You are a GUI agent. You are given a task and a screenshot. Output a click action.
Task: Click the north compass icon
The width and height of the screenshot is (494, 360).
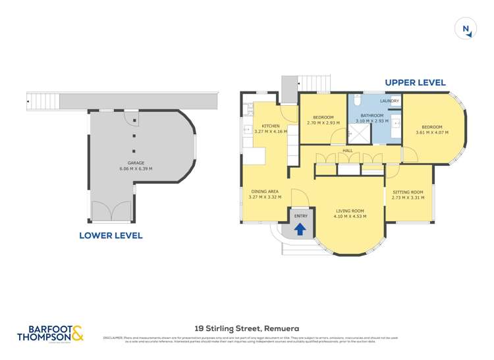(466, 28)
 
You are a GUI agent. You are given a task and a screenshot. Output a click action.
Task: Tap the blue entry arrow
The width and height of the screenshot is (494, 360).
(300, 229)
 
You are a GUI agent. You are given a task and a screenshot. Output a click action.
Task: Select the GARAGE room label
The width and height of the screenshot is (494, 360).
(136, 163)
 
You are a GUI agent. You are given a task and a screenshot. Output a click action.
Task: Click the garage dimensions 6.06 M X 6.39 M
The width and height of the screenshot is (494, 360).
(136, 168)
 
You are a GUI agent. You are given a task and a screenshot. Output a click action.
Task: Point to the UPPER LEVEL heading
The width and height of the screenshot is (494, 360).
(415, 83)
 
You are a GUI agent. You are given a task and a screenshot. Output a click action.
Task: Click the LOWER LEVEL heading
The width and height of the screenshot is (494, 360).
(111, 235)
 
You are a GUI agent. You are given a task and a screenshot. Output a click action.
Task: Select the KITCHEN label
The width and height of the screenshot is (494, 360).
(271, 126)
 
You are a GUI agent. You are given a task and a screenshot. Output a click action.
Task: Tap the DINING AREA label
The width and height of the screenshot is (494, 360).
(265, 192)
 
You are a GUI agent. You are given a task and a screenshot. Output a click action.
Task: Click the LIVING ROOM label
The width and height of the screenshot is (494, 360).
(348, 211)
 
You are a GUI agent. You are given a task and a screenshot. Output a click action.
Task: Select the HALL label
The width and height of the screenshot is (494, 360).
(348, 151)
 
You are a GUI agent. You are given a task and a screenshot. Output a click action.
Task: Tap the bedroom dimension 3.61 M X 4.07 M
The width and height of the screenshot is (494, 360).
(432, 132)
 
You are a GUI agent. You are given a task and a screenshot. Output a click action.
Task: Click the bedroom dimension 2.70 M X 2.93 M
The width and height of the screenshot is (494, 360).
(323, 122)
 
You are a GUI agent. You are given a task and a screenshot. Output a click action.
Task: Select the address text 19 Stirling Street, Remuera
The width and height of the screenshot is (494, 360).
(247, 326)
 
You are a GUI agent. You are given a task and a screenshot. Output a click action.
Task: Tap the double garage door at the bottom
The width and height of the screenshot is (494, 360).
(112, 211)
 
